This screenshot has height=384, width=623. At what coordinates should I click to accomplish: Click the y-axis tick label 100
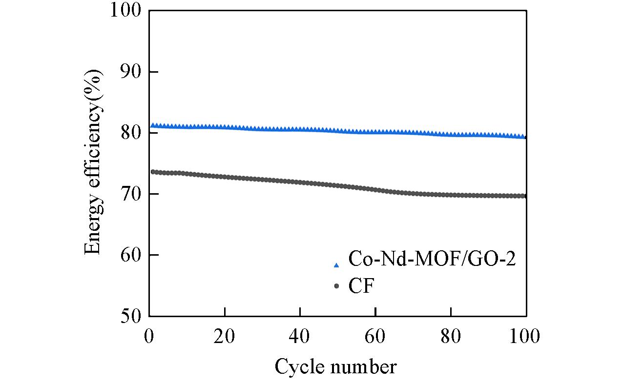(x=125, y=11)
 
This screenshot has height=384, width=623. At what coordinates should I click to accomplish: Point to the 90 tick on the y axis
(x=131, y=72)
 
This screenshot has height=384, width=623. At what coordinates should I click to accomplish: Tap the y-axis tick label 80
(x=131, y=133)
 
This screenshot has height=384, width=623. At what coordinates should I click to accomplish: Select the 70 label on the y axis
(x=131, y=194)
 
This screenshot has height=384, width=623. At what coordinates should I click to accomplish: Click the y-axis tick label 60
(x=131, y=255)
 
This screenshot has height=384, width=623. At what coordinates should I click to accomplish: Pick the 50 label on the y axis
(x=131, y=316)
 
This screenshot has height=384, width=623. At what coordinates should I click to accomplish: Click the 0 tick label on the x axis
(x=149, y=336)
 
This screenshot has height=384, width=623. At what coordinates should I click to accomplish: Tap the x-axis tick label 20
(x=225, y=336)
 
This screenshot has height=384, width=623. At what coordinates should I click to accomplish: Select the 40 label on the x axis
(x=300, y=336)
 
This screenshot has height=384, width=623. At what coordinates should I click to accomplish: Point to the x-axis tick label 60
(x=375, y=336)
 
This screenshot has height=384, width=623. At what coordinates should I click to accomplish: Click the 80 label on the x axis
(x=451, y=336)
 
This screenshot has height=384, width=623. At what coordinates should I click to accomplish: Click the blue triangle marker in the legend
(x=336, y=265)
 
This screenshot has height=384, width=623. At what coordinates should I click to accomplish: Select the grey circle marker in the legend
(x=336, y=286)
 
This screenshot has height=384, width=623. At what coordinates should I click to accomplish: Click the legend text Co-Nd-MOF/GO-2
(x=432, y=259)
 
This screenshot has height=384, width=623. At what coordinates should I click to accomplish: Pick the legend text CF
(x=361, y=286)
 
